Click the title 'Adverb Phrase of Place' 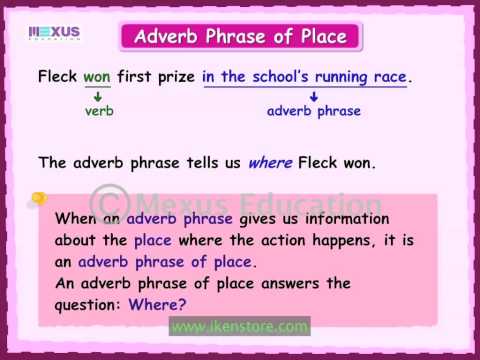click(x=239, y=38)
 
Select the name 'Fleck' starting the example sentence click(x=58, y=76)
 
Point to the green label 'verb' click(x=99, y=111)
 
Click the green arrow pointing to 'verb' click(x=98, y=95)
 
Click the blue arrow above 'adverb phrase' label click(x=313, y=96)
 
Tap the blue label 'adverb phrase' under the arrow click(x=313, y=111)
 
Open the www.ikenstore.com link click(x=239, y=327)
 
